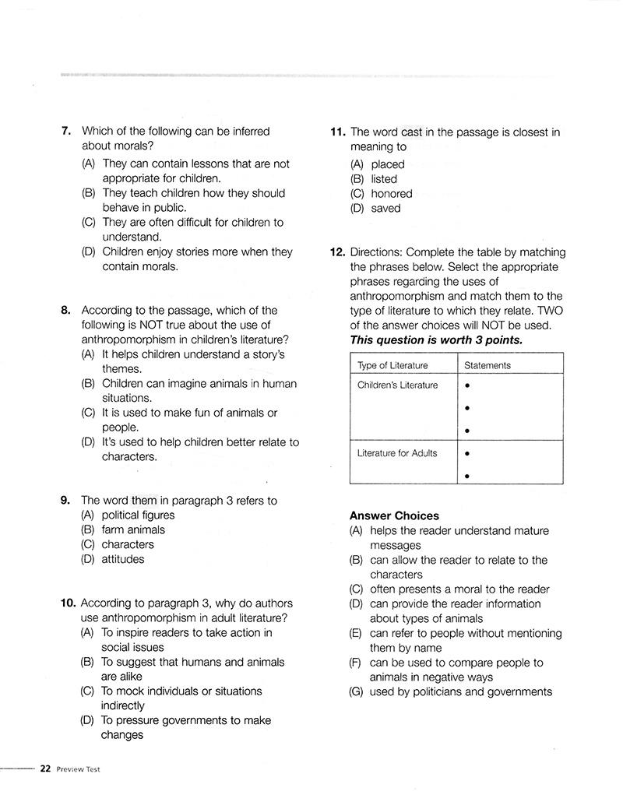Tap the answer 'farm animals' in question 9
pos(133,529)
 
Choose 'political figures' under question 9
pos(138,515)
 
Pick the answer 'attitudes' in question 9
pos(123,559)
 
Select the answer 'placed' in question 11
pos(388,164)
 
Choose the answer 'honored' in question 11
pos(392,194)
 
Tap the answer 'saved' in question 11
pos(386,209)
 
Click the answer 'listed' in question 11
pos(384,179)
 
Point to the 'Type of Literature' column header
pos(392,365)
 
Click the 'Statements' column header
pos(487,365)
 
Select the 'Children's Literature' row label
pos(397,385)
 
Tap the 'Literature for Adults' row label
pos(397,453)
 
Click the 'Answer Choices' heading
pos(394,515)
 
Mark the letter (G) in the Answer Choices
pos(357,691)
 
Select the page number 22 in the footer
pos(45,769)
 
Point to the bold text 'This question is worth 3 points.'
pos(436,340)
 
